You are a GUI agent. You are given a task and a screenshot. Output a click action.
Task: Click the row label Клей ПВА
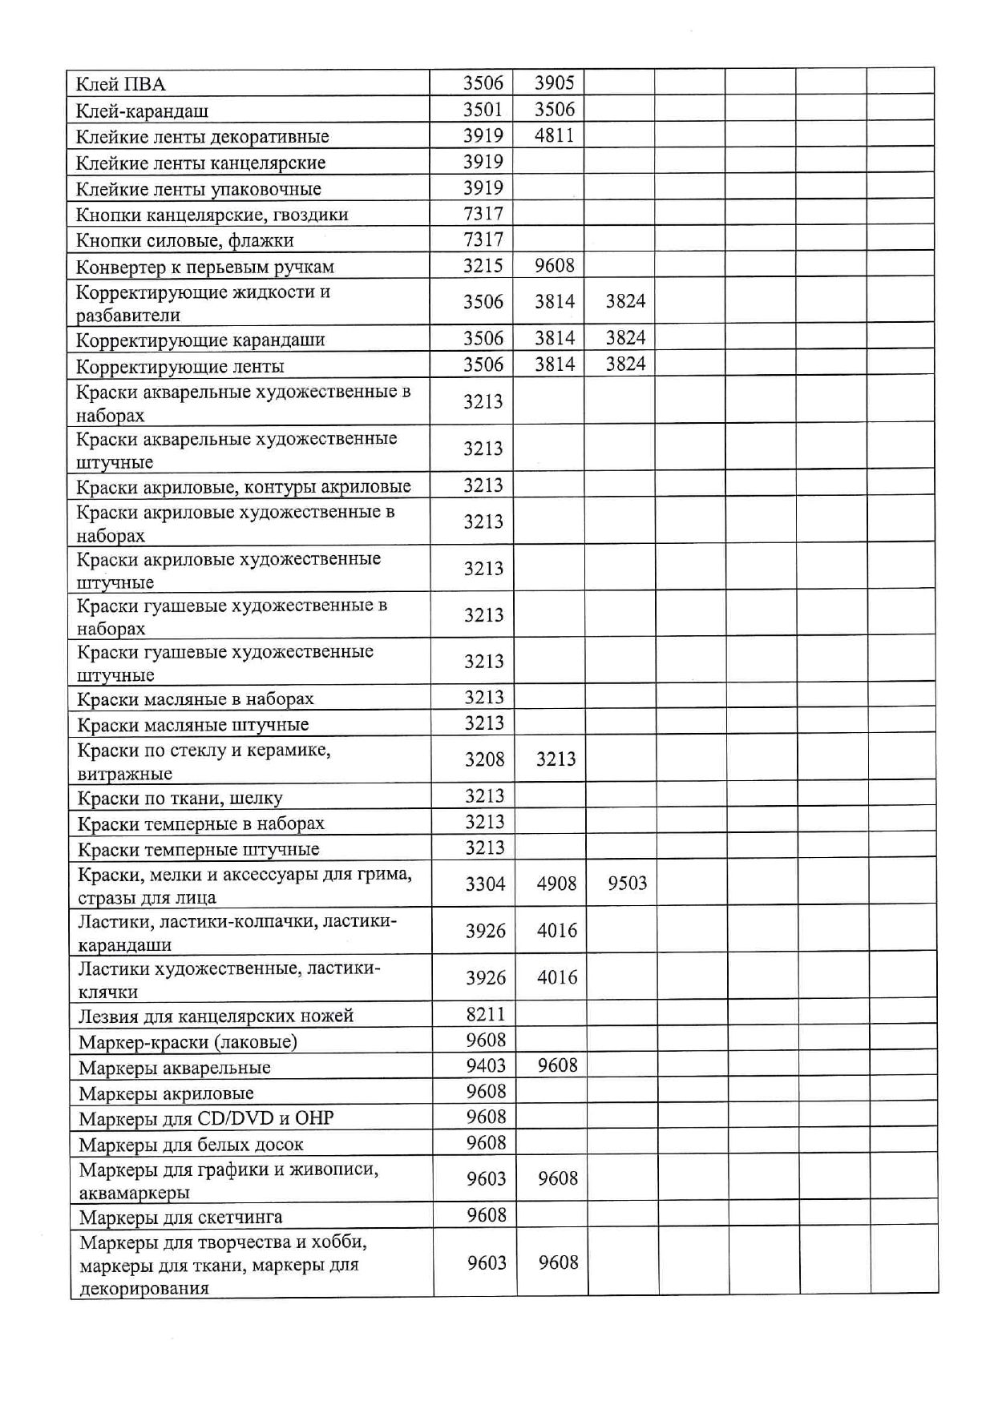120,84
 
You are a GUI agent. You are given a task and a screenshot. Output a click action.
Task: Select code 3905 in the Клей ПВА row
555,83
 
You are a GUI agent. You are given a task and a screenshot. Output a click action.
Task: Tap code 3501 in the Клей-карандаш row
483,109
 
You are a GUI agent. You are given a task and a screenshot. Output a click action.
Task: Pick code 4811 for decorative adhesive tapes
555,135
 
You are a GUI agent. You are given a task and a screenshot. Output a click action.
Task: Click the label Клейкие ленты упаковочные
198,189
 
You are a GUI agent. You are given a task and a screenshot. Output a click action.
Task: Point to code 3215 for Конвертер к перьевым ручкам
483,266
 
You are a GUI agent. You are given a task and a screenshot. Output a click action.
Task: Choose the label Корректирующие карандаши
200,340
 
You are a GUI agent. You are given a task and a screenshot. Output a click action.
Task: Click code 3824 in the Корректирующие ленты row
625,364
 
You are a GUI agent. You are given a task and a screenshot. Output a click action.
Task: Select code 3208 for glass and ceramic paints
484,759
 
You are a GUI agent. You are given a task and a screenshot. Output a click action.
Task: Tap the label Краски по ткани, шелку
180,798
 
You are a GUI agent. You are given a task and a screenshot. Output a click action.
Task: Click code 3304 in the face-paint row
485,884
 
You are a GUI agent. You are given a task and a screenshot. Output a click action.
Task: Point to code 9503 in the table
627,884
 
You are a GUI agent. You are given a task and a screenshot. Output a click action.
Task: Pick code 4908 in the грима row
556,884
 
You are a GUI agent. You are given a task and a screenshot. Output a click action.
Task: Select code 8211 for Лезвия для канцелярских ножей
486,1014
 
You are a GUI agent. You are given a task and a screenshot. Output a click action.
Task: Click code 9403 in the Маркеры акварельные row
486,1065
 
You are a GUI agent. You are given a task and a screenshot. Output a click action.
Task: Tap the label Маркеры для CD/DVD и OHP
206,1118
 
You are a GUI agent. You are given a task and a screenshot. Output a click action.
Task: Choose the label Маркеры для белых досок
191,1144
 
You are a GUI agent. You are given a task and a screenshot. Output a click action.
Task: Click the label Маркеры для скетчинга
180,1218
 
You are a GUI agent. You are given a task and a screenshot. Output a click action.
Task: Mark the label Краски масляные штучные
192,725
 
